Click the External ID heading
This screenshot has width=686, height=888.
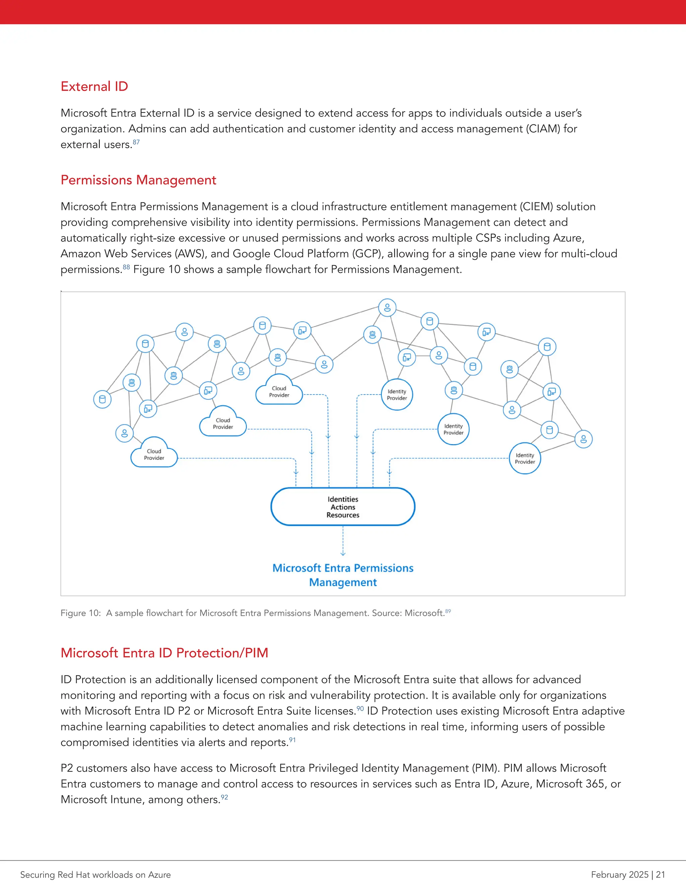pyautogui.click(x=94, y=86)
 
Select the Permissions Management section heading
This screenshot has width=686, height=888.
pyautogui.click(x=138, y=180)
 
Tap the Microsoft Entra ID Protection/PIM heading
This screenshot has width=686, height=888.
pyautogui.click(x=164, y=652)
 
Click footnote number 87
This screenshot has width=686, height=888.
pyautogui.click(x=136, y=142)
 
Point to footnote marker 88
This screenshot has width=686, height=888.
pyautogui.click(x=126, y=267)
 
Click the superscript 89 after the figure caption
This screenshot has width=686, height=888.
pyautogui.click(x=448, y=611)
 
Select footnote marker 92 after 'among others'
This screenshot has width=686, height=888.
pyautogui.click(x=224, y=797)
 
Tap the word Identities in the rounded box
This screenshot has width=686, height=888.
pyautogui.click(x=343, y=499)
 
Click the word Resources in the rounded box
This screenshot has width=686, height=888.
pyautogui.click(x=343, y=515)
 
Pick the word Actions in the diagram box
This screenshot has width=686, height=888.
pyautogui.click(x=343, y=507)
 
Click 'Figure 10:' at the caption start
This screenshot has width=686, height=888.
pyautogui.click(x=80, y=613)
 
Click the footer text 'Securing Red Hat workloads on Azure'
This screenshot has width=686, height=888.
pyautogui.click(x=95, y=875)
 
